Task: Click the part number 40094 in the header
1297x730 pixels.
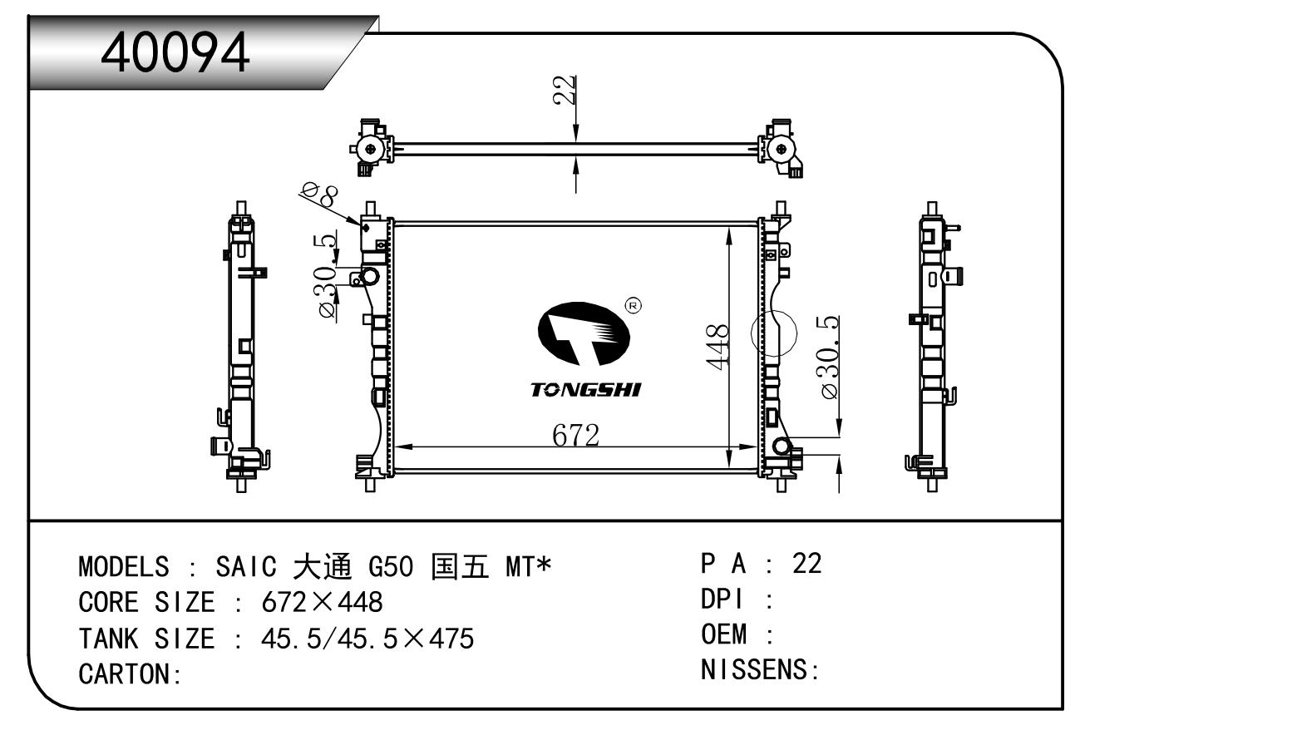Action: click(175, 52)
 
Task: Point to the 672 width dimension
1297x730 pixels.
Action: click(575, 434)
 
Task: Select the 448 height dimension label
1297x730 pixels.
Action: click(717, 346)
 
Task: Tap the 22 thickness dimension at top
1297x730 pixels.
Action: click(565, 90)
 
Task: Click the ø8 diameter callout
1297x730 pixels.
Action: click(319, 196)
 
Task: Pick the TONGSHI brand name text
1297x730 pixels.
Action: click(586, 389)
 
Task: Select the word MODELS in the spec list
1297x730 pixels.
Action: click(124, 567)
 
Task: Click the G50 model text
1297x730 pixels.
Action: click(390, 567)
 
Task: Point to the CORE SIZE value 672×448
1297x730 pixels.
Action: click(322, 602)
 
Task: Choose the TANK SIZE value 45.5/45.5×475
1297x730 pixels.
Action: click(367, 639)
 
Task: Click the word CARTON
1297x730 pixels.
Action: click(126, 673)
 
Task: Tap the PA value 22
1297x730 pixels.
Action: click(806, 564)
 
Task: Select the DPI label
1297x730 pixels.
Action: click(722, 599)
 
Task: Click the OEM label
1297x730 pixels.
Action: click(723, 634)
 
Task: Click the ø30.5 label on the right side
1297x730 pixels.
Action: click(830, 358)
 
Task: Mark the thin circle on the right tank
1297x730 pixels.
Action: click(773, 333)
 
